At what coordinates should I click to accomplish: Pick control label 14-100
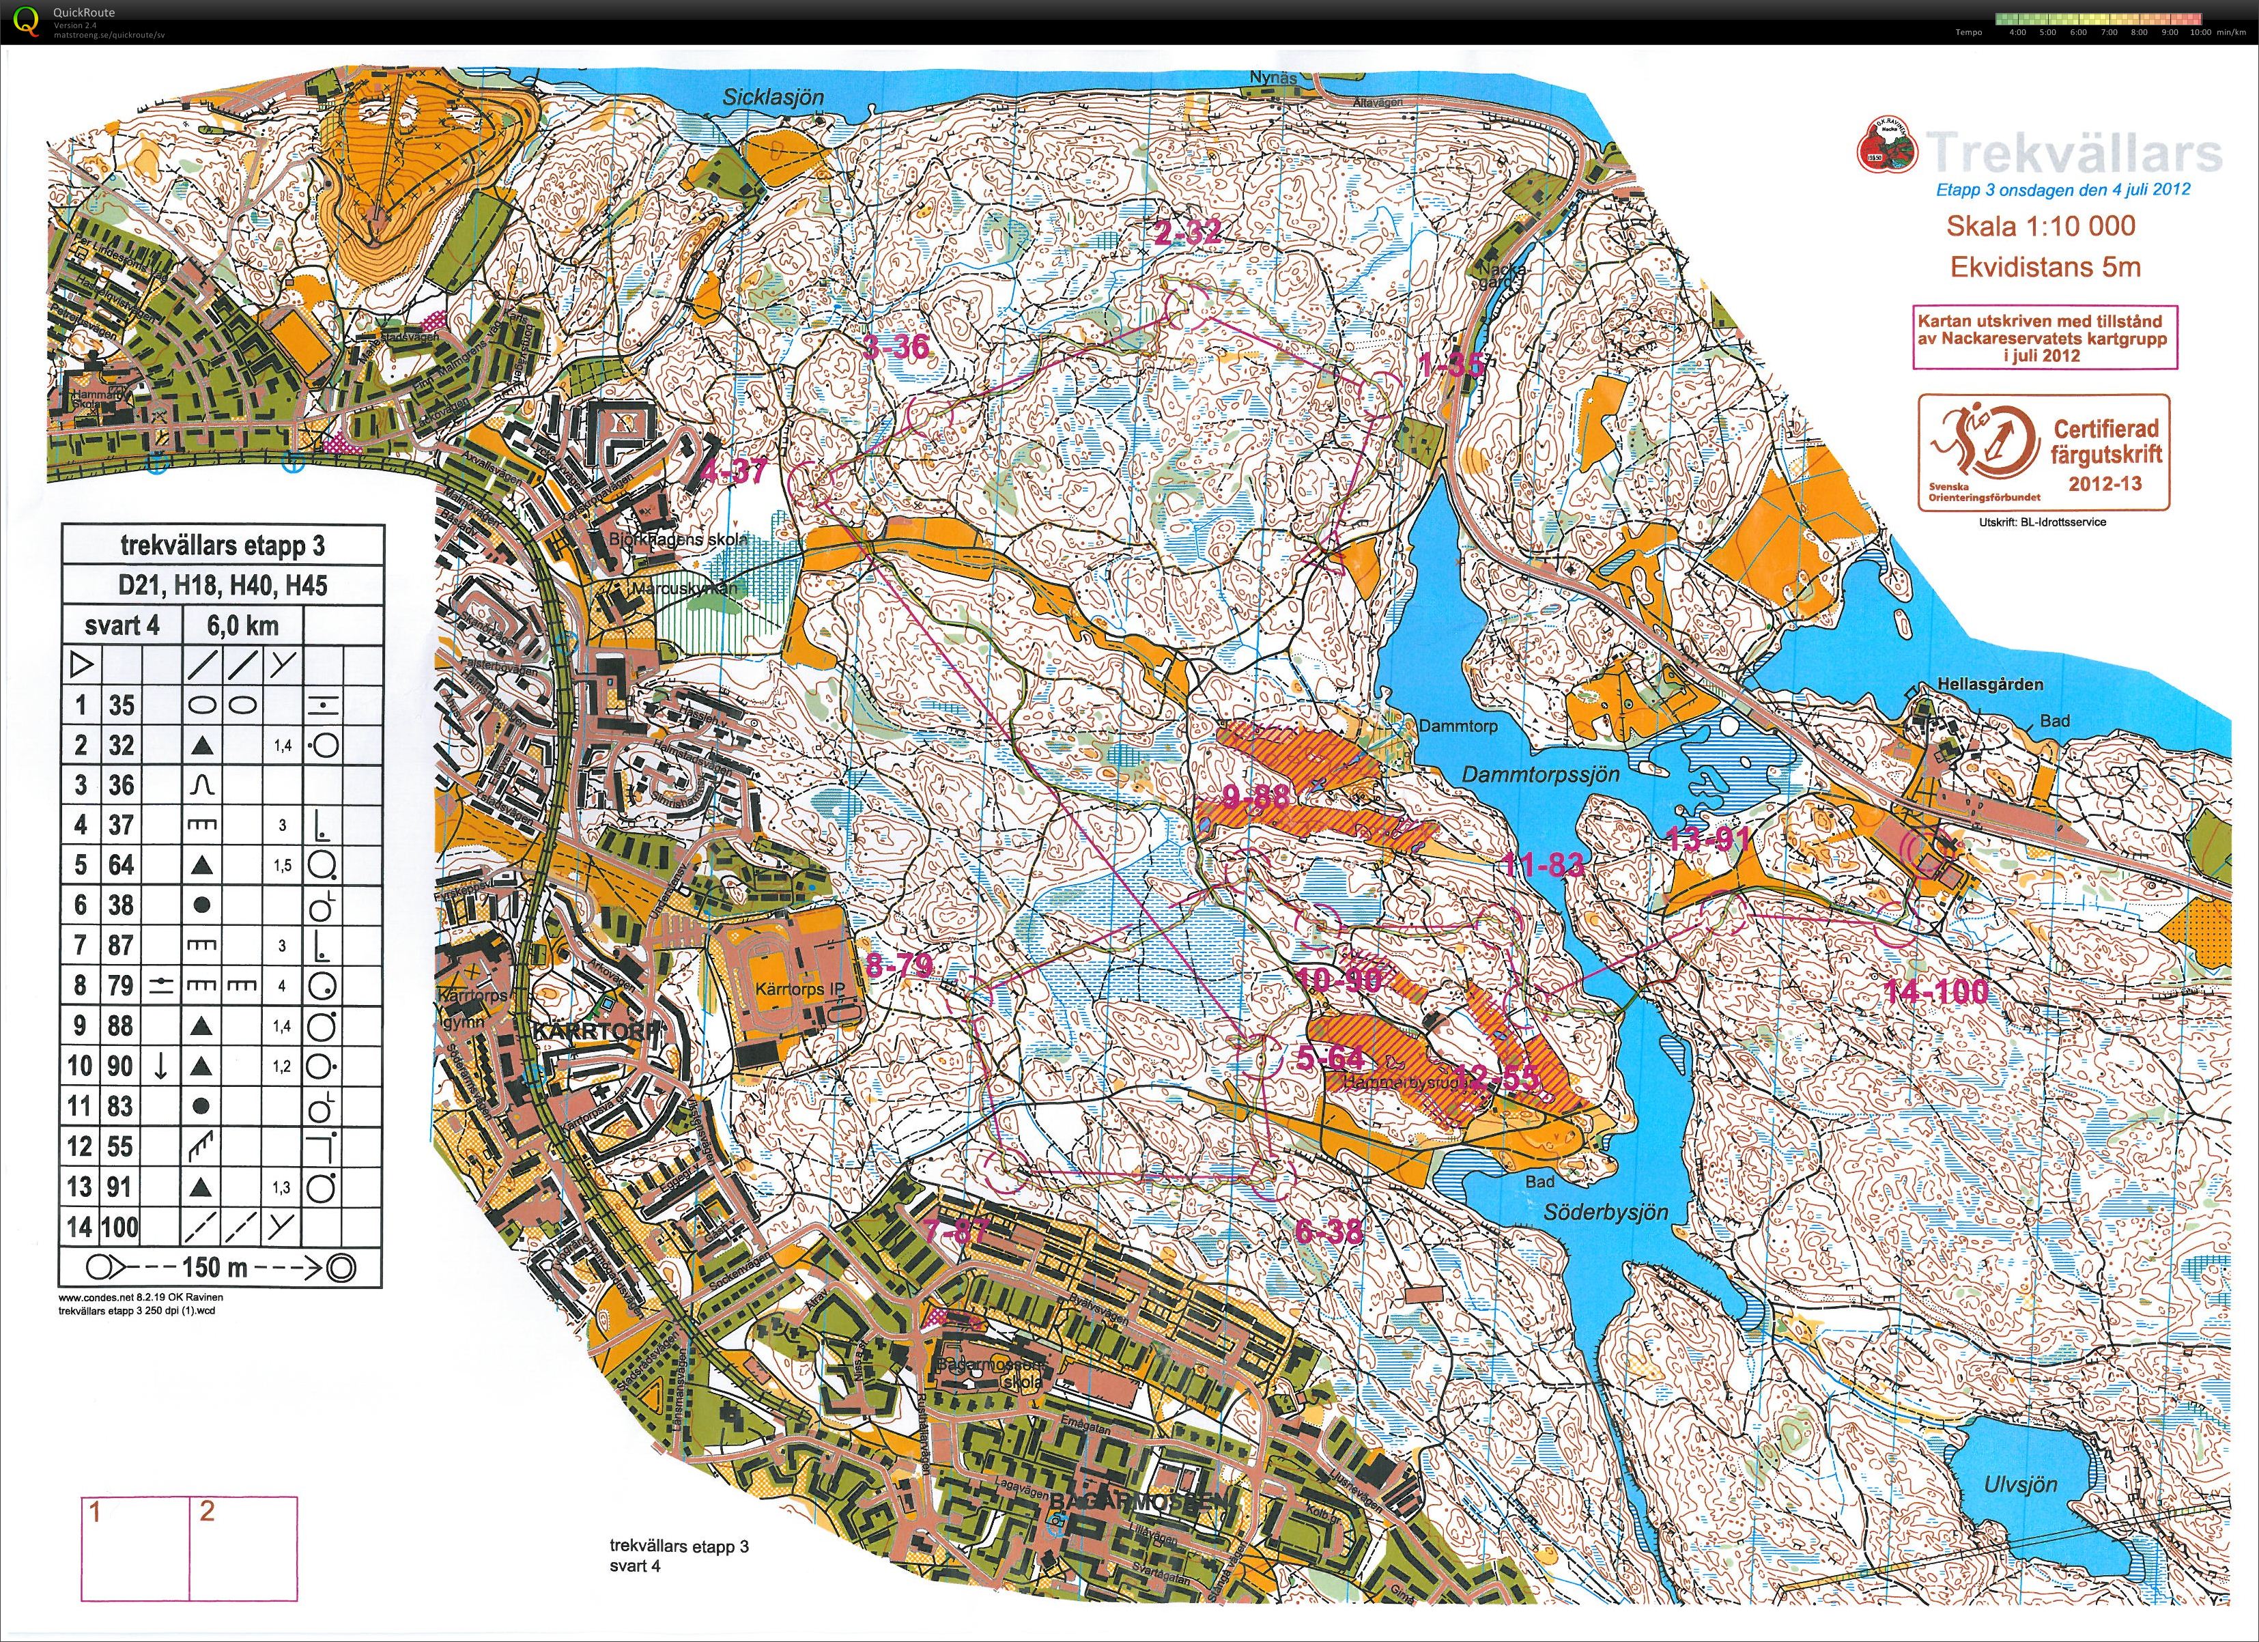[x=1936, y=991]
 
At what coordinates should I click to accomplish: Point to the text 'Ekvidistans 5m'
[x=2045, y=267]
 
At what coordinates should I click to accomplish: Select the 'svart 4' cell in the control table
[x=122, y=625]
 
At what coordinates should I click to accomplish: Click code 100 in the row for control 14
[x=119, y=1226]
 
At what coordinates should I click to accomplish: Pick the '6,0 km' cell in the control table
[x=242, y=625]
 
